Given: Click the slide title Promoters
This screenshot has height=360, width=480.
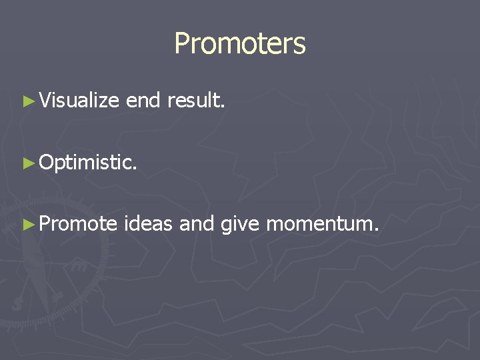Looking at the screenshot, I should (240, 44).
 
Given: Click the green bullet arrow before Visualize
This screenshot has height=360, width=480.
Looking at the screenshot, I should (27, 101).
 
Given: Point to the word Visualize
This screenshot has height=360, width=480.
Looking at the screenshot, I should (79, 101).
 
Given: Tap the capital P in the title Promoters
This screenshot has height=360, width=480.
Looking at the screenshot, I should (181, 44).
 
